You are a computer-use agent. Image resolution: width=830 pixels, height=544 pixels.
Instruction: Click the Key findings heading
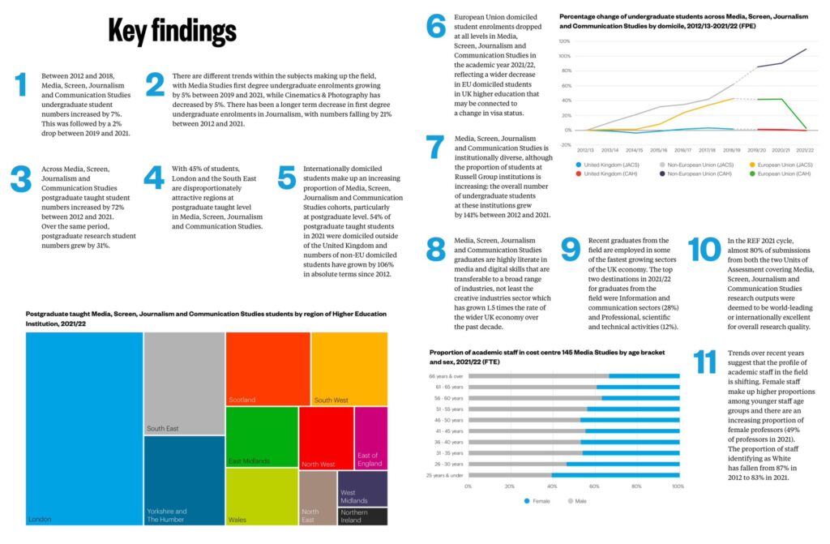[172, 31]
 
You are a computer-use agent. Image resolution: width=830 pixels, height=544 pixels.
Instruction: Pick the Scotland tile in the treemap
[267, 369]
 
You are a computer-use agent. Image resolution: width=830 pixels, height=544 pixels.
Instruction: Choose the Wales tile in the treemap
[261, 496]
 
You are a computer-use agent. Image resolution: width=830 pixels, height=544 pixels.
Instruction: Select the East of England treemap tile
[370, 437]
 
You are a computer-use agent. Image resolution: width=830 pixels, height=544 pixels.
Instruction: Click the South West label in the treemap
[331, 400]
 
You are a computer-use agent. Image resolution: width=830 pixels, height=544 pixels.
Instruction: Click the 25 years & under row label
[445, 474]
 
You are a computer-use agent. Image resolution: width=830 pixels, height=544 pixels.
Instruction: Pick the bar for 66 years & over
[573, 375]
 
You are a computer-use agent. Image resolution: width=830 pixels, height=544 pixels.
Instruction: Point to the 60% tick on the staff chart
[594, 486]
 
